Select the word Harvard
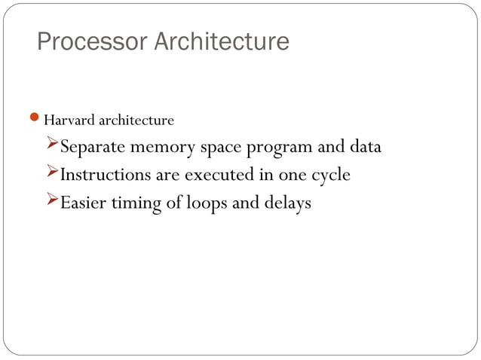(x=66, y=121)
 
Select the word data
(x=364, y=147)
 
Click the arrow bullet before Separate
(x=52, y=145)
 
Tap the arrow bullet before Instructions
(x=52, y=173)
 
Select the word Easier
(x=84, y=203)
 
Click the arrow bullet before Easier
(x=52, y=201)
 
